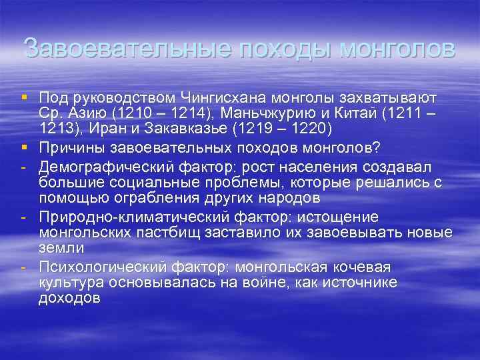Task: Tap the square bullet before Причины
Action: click(x=25, y=146)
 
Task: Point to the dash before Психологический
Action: click(x=25, y=267)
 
